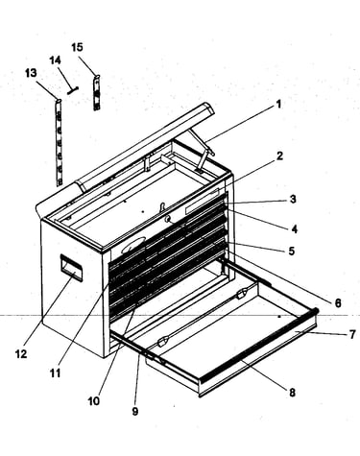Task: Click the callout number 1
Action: pos(278,105)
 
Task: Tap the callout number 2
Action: pos(280,156)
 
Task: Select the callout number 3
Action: pos(293,199)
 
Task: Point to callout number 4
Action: pos(295,228)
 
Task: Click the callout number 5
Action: pos(291,251)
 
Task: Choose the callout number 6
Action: pos(338,302)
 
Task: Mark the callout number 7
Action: pos(352,334)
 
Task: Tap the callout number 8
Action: pos(292,393)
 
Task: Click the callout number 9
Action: pos(135,411)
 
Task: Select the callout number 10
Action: pos(94,400)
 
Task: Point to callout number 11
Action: pos(56,372)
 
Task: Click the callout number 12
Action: pos(21,354)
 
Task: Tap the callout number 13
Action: pos(31,73)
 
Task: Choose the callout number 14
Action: pos(55,60)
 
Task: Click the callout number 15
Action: pos(77,47)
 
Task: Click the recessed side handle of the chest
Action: pos(71,268)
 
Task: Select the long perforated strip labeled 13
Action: pos(59,143)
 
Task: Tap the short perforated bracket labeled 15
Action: pos(96,93)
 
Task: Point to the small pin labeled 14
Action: pos(73,90)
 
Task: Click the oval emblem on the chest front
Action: pos(133,245)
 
